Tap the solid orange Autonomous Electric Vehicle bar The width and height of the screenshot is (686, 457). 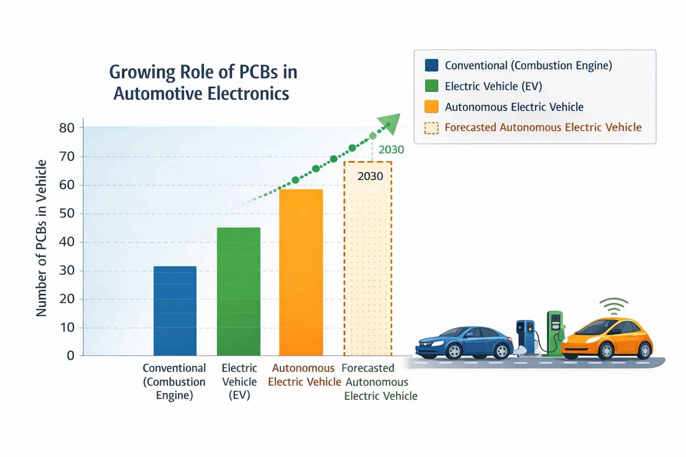click(301, 272)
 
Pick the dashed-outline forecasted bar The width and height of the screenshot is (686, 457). click(368, 268)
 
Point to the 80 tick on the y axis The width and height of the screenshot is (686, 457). click(67, 128)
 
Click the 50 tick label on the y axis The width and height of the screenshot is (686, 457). click(67, 213)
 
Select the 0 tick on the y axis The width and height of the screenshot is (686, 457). click(71, 356)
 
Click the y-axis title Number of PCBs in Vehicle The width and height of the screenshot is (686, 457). click(41, 238)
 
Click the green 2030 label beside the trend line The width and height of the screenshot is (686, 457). click(391, 150)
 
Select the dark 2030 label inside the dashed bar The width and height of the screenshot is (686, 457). click(370, 176)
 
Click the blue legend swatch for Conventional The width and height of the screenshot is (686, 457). click(431, 66)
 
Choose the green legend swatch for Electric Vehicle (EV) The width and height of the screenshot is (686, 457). click(431, 86)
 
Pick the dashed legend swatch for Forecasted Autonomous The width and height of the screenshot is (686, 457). click(431, 128)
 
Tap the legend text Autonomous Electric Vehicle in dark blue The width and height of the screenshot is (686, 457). click(514, 107)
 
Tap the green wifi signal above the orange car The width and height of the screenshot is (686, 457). click(614, 306)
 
